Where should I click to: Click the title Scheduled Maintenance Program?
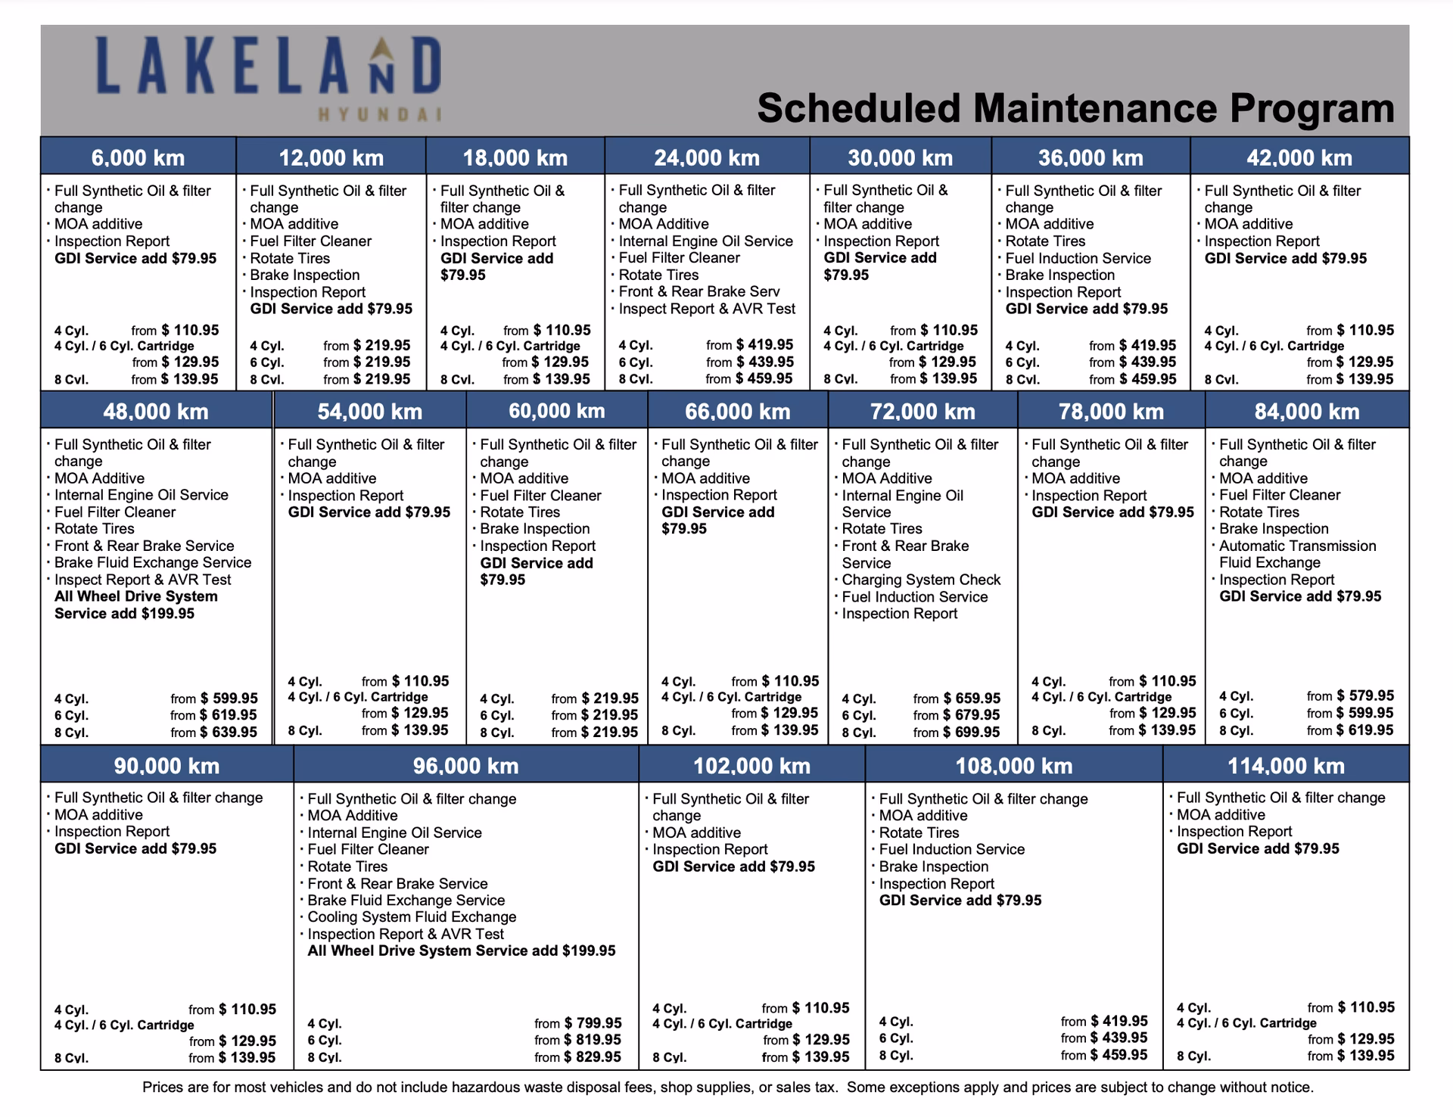[1075, 108]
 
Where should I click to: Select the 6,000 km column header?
[138, 157]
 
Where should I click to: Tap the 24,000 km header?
[707, 157]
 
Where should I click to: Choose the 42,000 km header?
[1299, 157]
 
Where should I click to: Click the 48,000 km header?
[156, 411]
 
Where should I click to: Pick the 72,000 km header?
[923, 411]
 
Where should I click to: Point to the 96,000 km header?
[465, 765]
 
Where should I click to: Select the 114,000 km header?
[1286, 765]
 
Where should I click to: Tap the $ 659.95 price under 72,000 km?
[972, 699]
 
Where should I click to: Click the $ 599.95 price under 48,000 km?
[229, 699]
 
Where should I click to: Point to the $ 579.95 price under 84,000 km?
[1365, 695]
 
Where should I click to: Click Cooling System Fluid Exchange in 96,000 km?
[412, 916]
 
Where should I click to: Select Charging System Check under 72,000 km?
[921, 580]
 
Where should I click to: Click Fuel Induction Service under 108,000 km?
[951, 849]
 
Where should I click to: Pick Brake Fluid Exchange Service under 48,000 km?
[153, 562]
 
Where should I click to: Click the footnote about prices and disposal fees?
[727, 1087]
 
